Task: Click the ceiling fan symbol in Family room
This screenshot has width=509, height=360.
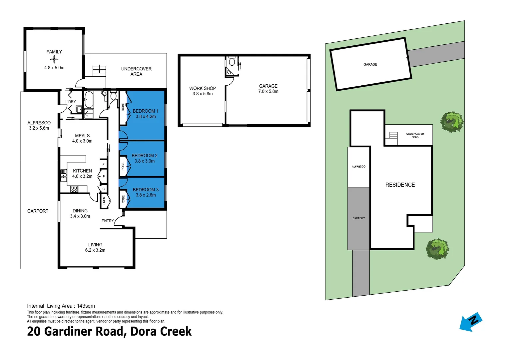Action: [54, 59]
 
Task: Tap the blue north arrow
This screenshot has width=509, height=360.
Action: [471, 322]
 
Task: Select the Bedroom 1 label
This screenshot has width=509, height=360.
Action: [146, 111]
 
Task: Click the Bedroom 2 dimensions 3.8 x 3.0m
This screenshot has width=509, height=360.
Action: [145, 161]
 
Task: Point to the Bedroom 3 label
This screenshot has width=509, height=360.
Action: [146, 190]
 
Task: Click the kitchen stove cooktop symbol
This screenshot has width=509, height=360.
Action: [74, 189]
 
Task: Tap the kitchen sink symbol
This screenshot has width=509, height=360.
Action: [63, 175]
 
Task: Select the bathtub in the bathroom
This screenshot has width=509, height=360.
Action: [89, 100]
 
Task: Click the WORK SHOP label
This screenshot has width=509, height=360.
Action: [203, 88]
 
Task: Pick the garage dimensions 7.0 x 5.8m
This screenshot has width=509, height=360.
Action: [268, 91]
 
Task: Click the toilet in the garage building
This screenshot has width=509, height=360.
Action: [232, 61]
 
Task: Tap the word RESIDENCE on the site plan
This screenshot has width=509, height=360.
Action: [400, 185]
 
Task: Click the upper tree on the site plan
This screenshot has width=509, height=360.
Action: [452, 122]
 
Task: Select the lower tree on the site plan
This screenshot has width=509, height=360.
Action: [437, 249]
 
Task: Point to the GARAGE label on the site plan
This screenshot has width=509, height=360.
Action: [370, 64]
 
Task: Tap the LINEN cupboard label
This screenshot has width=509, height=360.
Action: [104, 201]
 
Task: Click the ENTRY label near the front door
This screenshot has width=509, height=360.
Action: [108, 221]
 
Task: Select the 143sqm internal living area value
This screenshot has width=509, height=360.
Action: [86, 306]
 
